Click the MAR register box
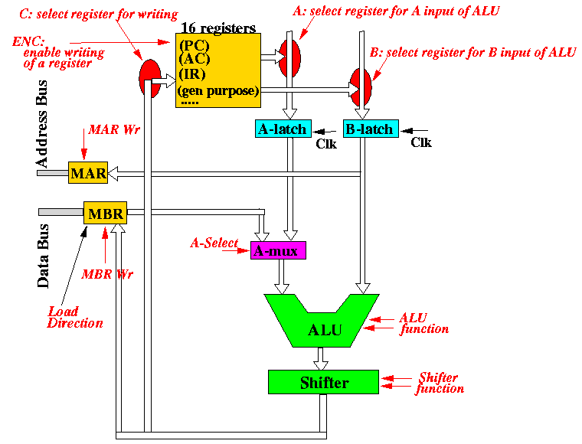point(88,172)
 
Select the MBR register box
point(106,213)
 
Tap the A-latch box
point(283,129)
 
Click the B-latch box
point(371,129)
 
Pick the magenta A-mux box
point(278,250)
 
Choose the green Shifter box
point(323,382)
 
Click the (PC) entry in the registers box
point(194,46)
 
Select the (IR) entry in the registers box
point(192,74)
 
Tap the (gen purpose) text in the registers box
point(218,91)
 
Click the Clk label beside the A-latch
point(326,144)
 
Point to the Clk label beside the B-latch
point(421,142)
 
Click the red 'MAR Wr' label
point(114,129)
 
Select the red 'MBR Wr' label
point(107,274)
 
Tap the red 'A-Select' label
point(214,243)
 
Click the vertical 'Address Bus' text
point(41,123)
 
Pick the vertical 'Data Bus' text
point(43,256)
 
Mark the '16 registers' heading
point(218,28)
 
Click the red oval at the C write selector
point(150,79)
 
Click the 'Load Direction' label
point(75,317)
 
